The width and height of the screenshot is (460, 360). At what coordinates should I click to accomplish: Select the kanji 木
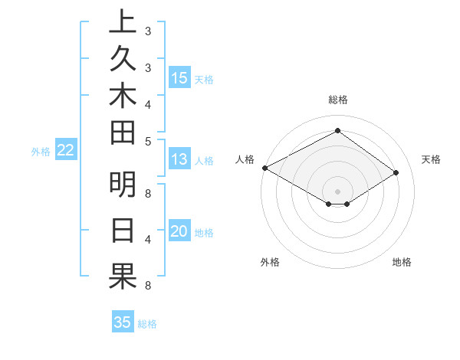(x=123, y=99)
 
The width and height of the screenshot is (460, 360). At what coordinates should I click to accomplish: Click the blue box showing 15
(x=179, y=77)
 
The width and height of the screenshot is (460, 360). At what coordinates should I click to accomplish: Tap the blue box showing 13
(x=179, y=159)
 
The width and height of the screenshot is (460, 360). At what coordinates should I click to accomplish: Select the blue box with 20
(x=179, y=231)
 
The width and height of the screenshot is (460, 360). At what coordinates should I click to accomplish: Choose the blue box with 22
(x=66, y=150)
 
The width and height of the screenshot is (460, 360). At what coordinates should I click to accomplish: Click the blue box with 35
(x=123, y=322)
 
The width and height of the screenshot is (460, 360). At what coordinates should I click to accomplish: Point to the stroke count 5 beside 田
(x=147, y=141)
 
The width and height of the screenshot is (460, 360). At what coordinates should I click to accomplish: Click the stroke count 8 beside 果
(x=147, y=286)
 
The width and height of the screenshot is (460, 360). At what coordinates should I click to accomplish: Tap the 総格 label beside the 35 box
(x=147, y=324)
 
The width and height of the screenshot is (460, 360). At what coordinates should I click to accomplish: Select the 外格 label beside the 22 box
(x=41, y=152)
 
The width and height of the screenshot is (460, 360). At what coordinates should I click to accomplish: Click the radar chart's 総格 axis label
(x=338, y=100)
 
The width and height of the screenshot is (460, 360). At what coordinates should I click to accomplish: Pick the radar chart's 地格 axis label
(x=402, y=262)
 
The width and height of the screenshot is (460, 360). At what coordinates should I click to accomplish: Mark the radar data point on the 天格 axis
(x=396, y=173)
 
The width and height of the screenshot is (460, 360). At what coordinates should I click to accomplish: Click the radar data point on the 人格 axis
(x=264, y=168)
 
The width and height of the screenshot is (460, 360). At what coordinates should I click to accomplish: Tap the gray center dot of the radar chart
(x=337, y=191)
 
